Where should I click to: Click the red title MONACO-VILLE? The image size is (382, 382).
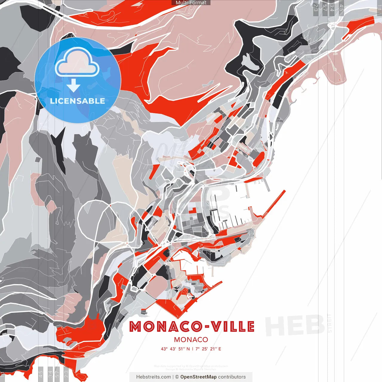coord(192,326)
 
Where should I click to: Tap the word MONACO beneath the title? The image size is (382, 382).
coord(191,340)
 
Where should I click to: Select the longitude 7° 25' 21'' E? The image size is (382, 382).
coord(208,349)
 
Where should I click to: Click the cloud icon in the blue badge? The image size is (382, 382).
coord(77,63)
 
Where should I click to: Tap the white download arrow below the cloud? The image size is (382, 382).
coord(73,86)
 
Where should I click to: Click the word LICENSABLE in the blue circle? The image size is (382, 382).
coord(78,101)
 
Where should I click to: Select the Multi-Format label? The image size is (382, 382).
coord(191,3)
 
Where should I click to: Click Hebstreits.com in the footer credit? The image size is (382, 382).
coord(153,377)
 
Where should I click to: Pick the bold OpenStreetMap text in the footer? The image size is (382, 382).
coord(198,377)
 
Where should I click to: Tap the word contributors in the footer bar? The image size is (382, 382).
coord(232,377)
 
